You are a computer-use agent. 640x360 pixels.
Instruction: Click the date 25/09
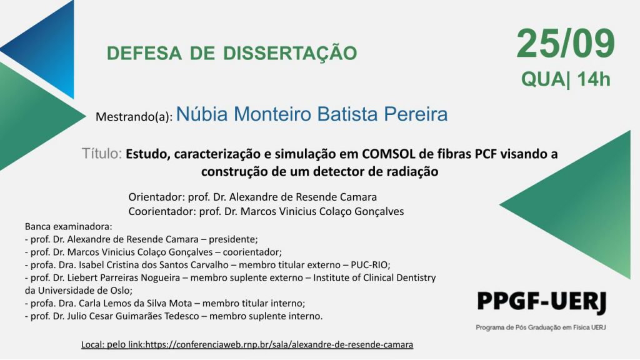click(x=566, y=44)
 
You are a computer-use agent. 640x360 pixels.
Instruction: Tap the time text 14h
click(x=594, y=79)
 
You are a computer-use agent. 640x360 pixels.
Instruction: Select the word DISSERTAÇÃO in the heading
click(x=290, y=52)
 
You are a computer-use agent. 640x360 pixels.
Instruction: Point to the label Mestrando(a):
click(x=134, y=117)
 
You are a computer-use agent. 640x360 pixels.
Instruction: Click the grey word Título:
click(x=102, y=154)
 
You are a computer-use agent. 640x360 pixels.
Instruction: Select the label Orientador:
click(x=156, y=197)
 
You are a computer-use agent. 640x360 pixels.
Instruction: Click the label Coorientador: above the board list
click(x=162, y=211)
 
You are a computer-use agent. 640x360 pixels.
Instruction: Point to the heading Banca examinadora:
click(x=69, y=226)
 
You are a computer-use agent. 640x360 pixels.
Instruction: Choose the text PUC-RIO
click(x=369, y=265)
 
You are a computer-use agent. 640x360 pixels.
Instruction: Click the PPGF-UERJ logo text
click(x=542, y=302)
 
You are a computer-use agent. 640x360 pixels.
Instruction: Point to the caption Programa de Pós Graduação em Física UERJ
click(x=541, y=327)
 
